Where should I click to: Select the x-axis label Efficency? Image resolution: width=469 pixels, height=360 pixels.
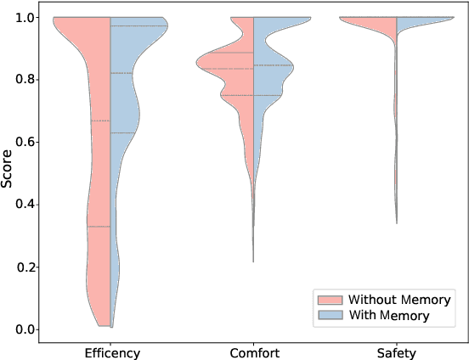pos(112,352)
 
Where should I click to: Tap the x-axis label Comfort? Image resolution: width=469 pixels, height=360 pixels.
pos(253,352)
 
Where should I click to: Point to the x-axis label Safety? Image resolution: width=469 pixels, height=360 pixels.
pos(395,352)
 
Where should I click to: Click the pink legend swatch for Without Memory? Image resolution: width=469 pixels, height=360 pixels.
pos(327,300)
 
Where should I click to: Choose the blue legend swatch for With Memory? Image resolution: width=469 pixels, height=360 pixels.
pos(327,315)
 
